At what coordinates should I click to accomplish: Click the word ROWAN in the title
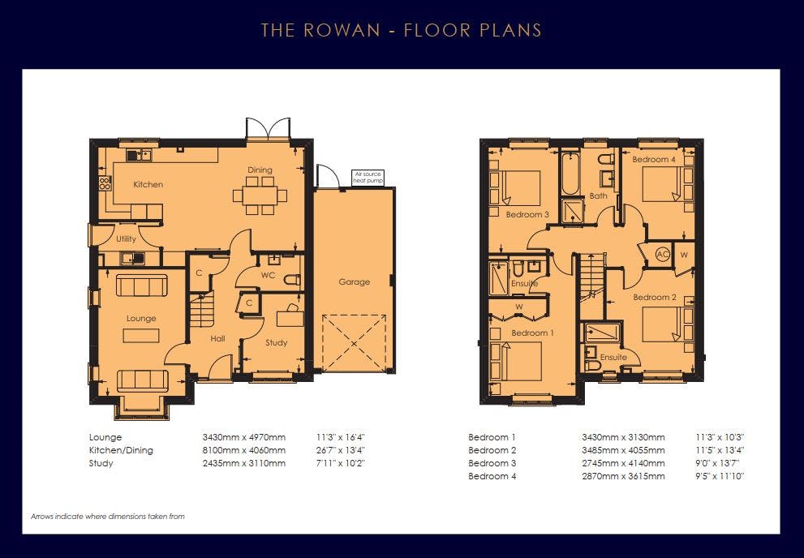342,30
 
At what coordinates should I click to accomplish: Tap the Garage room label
354,281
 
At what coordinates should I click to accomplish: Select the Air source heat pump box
368,178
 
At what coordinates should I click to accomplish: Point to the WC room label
269,275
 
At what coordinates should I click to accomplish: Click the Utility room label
126,238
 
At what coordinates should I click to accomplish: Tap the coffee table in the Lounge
141,336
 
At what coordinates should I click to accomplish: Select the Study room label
277,343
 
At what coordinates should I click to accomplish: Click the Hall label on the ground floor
217,339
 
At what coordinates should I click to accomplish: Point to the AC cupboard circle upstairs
663,254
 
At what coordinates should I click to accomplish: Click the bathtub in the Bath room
570,174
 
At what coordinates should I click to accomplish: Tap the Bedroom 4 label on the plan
654,159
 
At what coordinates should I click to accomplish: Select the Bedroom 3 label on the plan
527,215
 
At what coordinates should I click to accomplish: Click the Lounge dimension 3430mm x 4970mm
244,438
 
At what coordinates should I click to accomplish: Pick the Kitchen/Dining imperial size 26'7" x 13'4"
341,450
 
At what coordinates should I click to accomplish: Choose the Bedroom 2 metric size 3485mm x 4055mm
623,450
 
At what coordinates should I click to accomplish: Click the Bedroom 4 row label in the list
492,476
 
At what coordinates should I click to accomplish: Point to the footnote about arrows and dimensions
108,517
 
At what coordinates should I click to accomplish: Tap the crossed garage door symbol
355,342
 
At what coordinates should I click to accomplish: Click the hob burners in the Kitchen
105,183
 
